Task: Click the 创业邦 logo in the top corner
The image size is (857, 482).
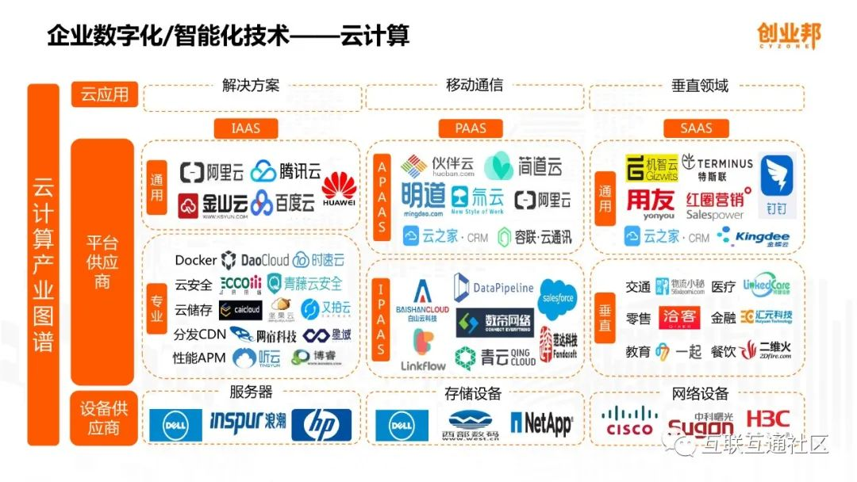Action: pos(788,36)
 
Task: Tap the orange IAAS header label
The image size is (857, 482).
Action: pos(245,128)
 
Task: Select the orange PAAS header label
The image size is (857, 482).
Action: pos(471,128)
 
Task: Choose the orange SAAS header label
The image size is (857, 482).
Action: pos(696,128)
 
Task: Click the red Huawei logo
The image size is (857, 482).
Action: pos(339,191)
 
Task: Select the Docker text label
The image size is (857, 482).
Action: pos(195,260)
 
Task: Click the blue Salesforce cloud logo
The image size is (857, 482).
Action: pos(557,299)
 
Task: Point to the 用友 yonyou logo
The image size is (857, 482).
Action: pos(651,204)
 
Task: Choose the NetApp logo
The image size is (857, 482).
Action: pos(541,424)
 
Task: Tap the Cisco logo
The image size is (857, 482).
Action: pos(629,422)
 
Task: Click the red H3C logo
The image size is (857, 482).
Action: pos(768,419)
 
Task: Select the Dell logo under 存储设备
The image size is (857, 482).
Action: pos(402,425)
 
